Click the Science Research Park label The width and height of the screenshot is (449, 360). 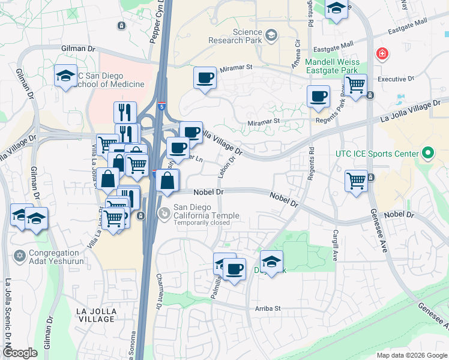coord(235,36)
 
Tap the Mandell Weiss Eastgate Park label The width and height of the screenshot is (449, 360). coord(332,66)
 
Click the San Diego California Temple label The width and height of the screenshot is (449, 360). coord(206,212)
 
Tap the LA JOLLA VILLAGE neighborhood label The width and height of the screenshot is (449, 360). coord(96,314)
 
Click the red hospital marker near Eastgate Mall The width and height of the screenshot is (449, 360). coord(381,55)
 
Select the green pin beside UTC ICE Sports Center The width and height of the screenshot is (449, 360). coord(427,154)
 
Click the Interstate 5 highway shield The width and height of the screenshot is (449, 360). coord(161,106)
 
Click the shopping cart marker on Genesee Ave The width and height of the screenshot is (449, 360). coord(356,179)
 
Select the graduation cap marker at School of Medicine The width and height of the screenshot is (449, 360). coord(65,76)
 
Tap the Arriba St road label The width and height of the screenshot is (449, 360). coord(267,308)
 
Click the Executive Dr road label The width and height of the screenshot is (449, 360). coord(396,79)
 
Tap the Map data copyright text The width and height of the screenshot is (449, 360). coord(411,355)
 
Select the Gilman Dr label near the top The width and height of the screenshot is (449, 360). coord(79,47)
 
